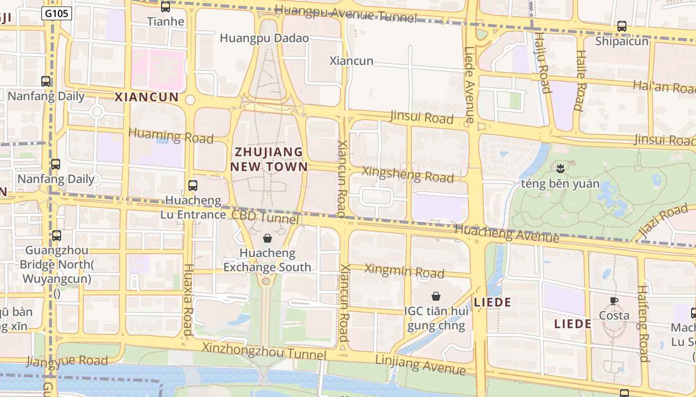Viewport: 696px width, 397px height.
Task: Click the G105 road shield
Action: pyautogui.click(x=57, y=13)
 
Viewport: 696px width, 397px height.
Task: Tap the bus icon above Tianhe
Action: pyautogui.click(x=166, y=7)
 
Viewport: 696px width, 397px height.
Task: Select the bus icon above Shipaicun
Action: pyautogui.click(x=621, y=26)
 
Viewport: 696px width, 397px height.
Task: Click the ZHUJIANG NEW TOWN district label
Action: pyautogui.click(x=268, y=159)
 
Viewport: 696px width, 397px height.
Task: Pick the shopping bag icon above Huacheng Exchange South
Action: pyautogui.click(x=267, y=238)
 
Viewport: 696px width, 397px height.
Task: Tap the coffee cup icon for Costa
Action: pyautogui.click(x=614, y=301)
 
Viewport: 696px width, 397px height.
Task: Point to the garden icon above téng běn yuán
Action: pyautogui.click(x=560, y=168)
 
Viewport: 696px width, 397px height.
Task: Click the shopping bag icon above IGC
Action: pyautogui.click(x=436, y=296)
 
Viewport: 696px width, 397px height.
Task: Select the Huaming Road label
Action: pyautogui.click(x=171, y=135)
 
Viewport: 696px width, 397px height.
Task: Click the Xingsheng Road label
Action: pyautogui.click(x=408, y=174)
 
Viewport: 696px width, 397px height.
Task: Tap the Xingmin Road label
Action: pyautogui.click(x=404, y=270)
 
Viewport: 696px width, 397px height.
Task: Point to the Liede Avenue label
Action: pyautogui.click(x=469, y=84)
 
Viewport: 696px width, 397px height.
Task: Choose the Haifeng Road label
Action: pyautogui.click(x=643, y=323)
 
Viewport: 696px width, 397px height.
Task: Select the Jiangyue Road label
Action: pyautogui.click(x=67, y=361)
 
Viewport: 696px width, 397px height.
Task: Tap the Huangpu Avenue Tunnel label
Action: pyautogui.click(x=345, y=13)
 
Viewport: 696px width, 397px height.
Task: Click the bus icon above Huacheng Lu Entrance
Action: pyautogui.click(x=193, y=186)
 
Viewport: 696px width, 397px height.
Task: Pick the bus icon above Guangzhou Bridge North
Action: pyautogui.click(x=57, y=236)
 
